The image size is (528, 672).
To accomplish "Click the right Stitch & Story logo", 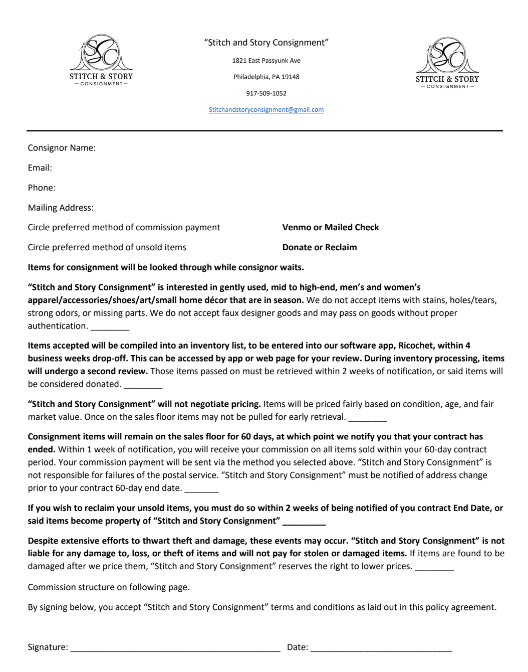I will coord(447,63).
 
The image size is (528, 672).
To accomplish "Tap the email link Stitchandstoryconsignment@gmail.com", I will coord(266,110).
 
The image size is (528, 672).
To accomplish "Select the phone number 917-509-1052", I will coord(266,93).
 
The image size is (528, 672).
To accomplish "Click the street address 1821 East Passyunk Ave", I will coord(266,61).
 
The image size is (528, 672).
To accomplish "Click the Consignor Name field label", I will coord(62,148).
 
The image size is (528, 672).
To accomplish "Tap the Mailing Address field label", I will coord(61,208).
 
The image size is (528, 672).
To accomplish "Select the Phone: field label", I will coord(42,188).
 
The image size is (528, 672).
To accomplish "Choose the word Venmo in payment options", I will coord(297,227).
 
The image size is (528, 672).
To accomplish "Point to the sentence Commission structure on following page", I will coord(109,587).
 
